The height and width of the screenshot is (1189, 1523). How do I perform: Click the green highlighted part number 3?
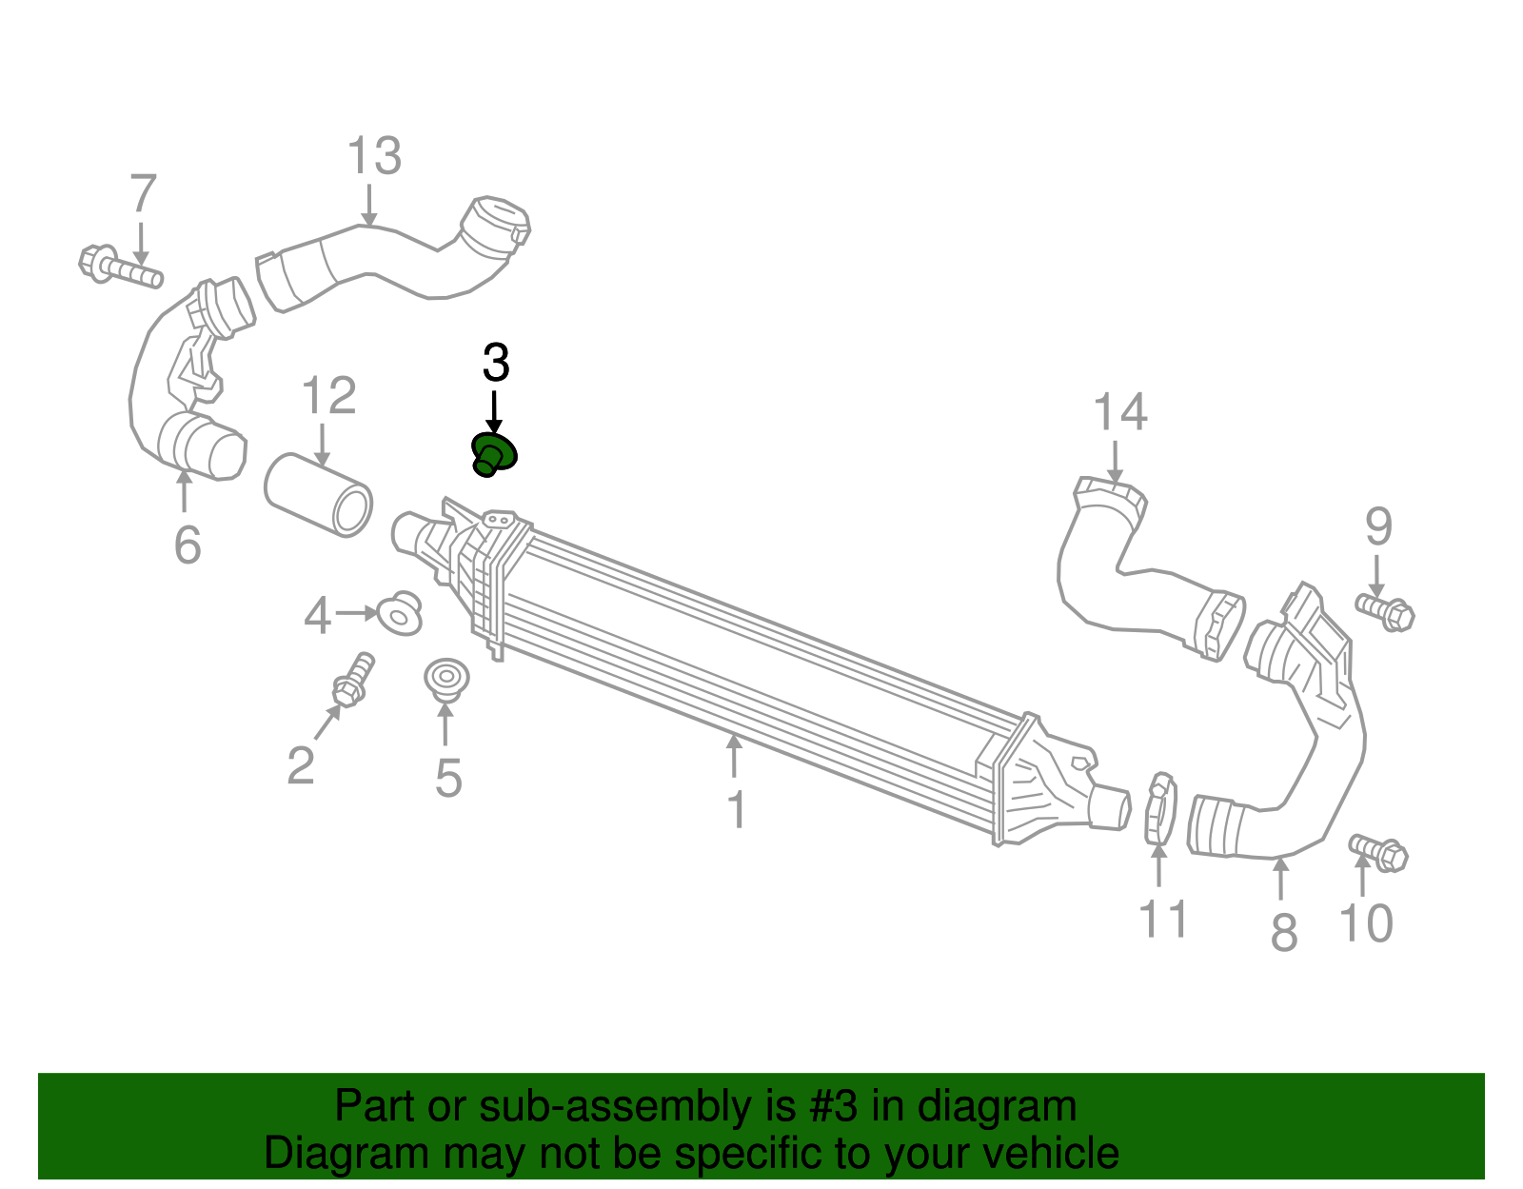point(494,455)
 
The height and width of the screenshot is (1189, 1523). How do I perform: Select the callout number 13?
point(374,155)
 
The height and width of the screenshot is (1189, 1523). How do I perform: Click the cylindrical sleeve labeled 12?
point(319,495)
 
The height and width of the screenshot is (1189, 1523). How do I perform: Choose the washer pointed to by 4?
point(400,614)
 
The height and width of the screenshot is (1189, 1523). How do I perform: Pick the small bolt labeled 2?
point(354,680)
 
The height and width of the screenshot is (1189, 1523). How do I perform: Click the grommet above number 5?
point(446,679)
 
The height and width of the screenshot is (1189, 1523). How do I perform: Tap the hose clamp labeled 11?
point(1160,808)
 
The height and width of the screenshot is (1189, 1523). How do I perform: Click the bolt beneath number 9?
point(1385,612)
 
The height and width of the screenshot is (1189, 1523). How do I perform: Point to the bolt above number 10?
point(1378,853)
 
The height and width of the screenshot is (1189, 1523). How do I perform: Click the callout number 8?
point(1284,933)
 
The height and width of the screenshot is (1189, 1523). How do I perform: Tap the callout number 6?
point(188,545)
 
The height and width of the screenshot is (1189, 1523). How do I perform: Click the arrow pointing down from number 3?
point(494,412)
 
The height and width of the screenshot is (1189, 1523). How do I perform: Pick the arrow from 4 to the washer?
point(357,613)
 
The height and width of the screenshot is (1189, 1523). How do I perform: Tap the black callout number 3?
point(496,363)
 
